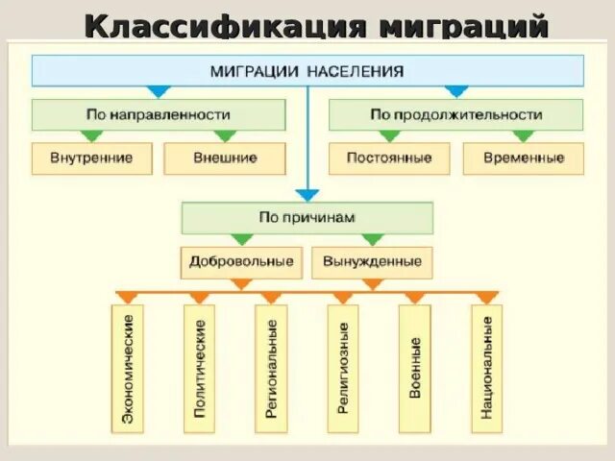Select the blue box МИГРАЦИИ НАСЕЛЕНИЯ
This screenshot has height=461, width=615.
pos(307,71)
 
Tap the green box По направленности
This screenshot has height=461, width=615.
pos(159,114)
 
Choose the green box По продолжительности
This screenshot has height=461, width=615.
pos(455,114)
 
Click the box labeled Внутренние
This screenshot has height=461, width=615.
pos(91,158)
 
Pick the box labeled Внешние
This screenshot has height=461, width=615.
pos(225,158)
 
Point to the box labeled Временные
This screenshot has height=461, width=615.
pos(523,158)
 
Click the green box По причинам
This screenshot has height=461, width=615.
pos(307,218)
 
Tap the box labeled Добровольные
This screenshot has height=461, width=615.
pos(241,261)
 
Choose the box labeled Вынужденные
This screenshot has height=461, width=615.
pos(373,261)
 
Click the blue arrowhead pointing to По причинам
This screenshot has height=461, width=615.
pos(307,195)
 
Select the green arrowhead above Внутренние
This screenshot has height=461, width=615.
pos(92,136)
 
